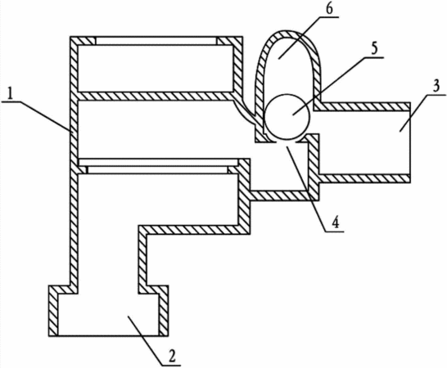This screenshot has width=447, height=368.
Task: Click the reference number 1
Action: (x=11, y=94)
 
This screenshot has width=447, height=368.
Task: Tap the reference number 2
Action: (x=172, y=357)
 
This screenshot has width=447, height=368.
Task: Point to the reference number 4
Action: (x=336, y=222)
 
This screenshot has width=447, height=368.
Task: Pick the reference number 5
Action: (x=375, y=49)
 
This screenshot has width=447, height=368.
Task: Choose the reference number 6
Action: (x=328, y=8)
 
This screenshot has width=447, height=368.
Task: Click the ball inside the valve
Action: (x=287, y=117)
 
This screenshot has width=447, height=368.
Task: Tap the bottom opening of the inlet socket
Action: (x=108, y=335)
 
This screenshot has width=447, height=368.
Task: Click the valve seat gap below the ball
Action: (x=287, y=141)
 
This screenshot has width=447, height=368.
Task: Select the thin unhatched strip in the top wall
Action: (x=156, y=41)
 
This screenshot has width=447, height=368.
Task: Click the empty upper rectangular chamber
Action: (x=156, y=69)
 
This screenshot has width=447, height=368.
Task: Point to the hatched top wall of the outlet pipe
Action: (x=362, y=106)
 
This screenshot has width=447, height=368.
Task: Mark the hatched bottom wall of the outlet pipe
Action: (x=365, y=178)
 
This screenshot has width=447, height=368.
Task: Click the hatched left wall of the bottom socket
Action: (x=53, y=311)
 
